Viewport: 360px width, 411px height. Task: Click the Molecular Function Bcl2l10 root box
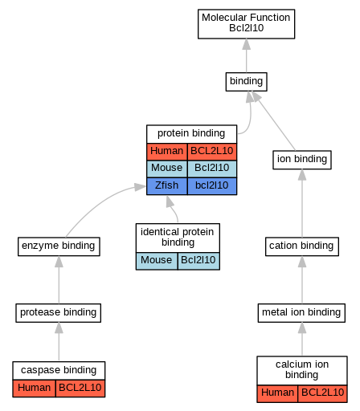click(x=246, y=24)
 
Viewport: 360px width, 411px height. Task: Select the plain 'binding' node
click(x=246, y=82)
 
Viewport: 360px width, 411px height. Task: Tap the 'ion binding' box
click(x=302, y=160)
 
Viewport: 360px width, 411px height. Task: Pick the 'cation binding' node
click(x=302, y=246)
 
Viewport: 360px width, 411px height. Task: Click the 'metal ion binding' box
click(x=301, y=313)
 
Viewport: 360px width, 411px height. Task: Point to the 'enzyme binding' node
click(x=59, y=246)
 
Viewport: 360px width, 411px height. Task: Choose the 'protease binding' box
click(x=58, y=313)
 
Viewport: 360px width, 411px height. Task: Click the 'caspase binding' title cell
click(x=59, y=371)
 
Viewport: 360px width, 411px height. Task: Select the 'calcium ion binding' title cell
click(x=302, y=371)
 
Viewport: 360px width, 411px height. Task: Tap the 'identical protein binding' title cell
click(x=178, y=238)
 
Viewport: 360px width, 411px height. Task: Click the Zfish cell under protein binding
click(x=167, y=186)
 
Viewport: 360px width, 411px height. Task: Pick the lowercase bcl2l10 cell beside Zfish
click(x=212, y=186)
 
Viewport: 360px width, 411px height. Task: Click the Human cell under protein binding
click(x=167, y=152)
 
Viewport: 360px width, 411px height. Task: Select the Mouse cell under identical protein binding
click(x=157, y=261)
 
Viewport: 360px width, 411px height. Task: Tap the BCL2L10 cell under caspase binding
click(x=80, y=389)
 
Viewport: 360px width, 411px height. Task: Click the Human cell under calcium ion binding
click(x=277, y=393)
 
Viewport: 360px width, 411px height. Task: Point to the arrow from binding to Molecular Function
click(x=247, y=55)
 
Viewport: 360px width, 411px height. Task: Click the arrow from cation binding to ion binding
click(x=302, y=203)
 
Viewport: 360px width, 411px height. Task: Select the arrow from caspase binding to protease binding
click(x=59, y=342)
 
